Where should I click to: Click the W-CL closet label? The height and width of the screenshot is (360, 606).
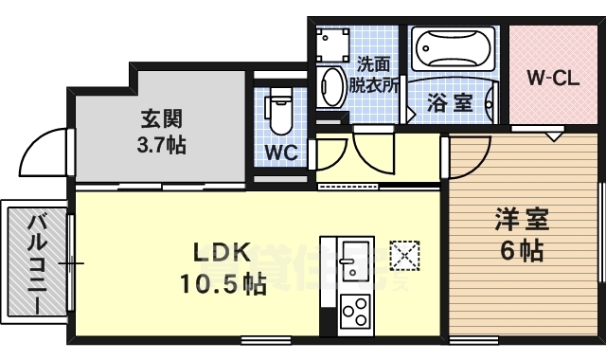pyautogui.click(x=553, y=79)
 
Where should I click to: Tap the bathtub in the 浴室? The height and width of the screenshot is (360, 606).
pyautogui.click(x=453, y=48)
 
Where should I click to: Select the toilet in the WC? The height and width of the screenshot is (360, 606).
pyautogui.click(x=280, y=110)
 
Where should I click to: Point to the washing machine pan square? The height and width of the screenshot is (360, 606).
pyautogui.click(x=332, y=45)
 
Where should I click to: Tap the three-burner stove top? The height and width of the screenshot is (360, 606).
pyautogui.click(x=354, y=310)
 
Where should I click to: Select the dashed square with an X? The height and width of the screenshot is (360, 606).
pyautogui.click(x=404, y=255)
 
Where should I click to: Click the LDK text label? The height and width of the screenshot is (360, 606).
pyautogui.click(x=223, y=253)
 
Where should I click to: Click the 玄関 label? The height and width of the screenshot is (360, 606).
pyautogui.click(x=162, y=118)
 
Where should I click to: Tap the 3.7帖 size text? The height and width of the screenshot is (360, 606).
pyautogui.click(x=162, y=145)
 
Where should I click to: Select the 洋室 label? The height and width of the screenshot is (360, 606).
pyautogui.click(x=522, y=220)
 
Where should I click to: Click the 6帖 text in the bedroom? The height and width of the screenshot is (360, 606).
pyautogui.click(x=522, y=250)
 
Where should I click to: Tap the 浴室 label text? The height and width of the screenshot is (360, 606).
pyautogui.click(x=450, y=102)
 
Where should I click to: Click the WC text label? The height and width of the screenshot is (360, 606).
pyautogui.click(x=281, y=153)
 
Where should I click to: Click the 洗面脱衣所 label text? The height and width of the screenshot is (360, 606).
pyautogui.click(x=373, y=75)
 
